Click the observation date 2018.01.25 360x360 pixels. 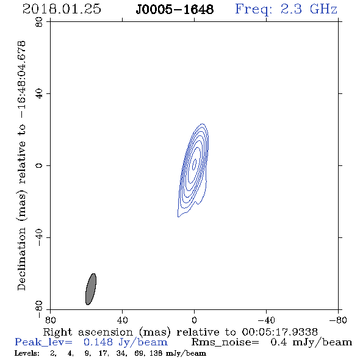click(62, 9)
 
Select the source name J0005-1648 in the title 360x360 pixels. click(175, 10)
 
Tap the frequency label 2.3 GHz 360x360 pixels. click(309, 9)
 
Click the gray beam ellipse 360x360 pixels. click(91, 289)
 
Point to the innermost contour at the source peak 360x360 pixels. click(194, 164)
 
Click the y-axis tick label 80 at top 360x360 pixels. click(39, 22)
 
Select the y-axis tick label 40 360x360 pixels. click(39, 94)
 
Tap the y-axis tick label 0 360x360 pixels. click(39, 165)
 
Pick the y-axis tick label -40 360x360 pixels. click(39, 237)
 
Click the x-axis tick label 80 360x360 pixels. click(50, 320)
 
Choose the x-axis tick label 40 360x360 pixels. click(123, 320)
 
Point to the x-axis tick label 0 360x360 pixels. click(194, 320)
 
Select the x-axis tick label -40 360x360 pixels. click(266, 320)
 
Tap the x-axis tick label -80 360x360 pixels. click(338, 320)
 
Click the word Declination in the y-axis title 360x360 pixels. click(21, 259)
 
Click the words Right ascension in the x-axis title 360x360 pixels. click(88, 332)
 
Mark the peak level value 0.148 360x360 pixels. click(98, 342)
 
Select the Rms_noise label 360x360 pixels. click(225, 342)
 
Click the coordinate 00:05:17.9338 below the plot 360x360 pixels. click(280, 332)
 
